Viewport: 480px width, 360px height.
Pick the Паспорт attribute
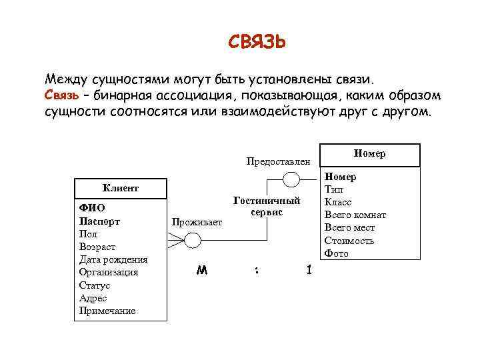(99, 221)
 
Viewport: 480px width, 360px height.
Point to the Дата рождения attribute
(113, 259)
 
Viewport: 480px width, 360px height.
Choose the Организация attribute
(109, 272)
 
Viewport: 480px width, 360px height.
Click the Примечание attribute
(107, 311)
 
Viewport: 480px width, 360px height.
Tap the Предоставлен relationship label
(278, 161)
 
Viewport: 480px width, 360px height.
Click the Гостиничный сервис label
(267, 206)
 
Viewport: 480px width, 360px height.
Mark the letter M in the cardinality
(201, 271)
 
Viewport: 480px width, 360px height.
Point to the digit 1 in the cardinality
(308, 270)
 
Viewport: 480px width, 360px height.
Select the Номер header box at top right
(371, 153)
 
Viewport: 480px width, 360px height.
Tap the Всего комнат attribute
(355, 215)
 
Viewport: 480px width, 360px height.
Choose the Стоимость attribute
(349, 241)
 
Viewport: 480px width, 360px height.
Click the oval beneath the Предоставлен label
(292, 179)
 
